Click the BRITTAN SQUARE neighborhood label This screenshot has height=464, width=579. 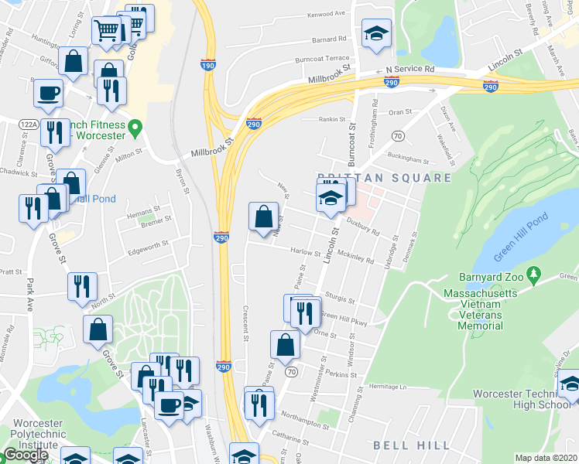[x=383, y=178]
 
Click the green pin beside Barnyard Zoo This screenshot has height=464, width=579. [x=533, y=275]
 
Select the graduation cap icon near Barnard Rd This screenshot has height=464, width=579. [x=376, y=33]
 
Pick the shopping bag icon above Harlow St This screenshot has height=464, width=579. [x=263, y=216]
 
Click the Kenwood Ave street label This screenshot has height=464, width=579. [x=325, y=14]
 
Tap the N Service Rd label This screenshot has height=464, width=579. [x=411, y=69]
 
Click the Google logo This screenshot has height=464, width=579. [x=26, y=455]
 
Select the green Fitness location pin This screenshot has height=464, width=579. [x=135, y=127]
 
